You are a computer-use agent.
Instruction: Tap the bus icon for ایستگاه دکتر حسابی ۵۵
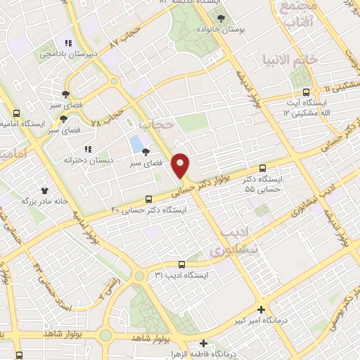262,169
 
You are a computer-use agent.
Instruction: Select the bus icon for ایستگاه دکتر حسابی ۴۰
148,199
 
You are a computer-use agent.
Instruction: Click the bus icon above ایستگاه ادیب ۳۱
181,265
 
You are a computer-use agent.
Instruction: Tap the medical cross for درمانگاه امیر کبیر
262,309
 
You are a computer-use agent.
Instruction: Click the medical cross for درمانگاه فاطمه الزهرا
203,344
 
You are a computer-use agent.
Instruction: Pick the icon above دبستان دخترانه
88,149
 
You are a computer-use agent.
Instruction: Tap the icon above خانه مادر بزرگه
46,190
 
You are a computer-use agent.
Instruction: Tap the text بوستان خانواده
222,30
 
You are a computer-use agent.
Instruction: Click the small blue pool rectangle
135,145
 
